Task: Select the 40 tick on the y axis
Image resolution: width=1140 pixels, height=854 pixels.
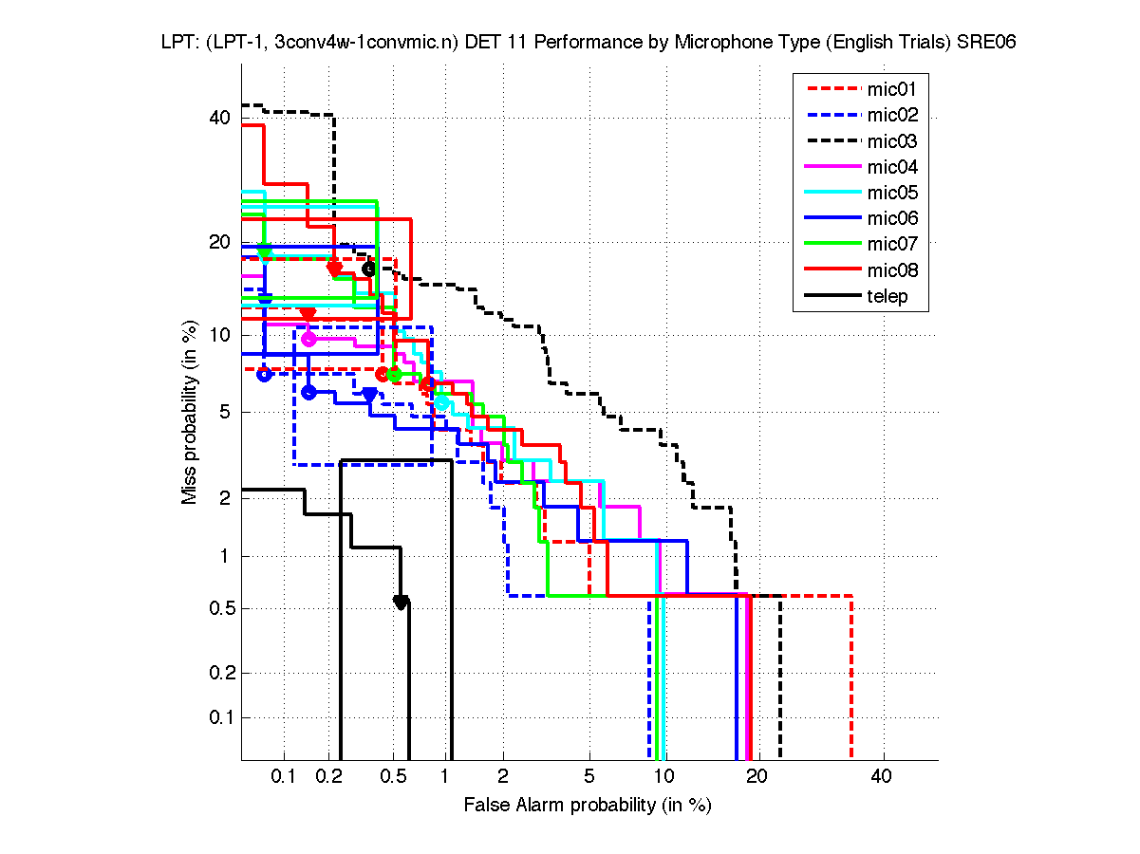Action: pos(220,119)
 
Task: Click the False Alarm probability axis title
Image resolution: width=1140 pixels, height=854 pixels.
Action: pos(588,805)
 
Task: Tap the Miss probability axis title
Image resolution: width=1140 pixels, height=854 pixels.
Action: pos(191,413)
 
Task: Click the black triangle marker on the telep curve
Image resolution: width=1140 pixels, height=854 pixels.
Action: pos(401,603)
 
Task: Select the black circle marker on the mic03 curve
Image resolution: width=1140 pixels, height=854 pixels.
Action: pos(369,269)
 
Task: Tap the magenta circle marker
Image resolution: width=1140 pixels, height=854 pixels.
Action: pos(308,339)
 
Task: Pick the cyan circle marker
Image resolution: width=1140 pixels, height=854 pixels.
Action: pos(441,402)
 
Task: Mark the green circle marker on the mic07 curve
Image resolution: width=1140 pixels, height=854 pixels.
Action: pos(394,375)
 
